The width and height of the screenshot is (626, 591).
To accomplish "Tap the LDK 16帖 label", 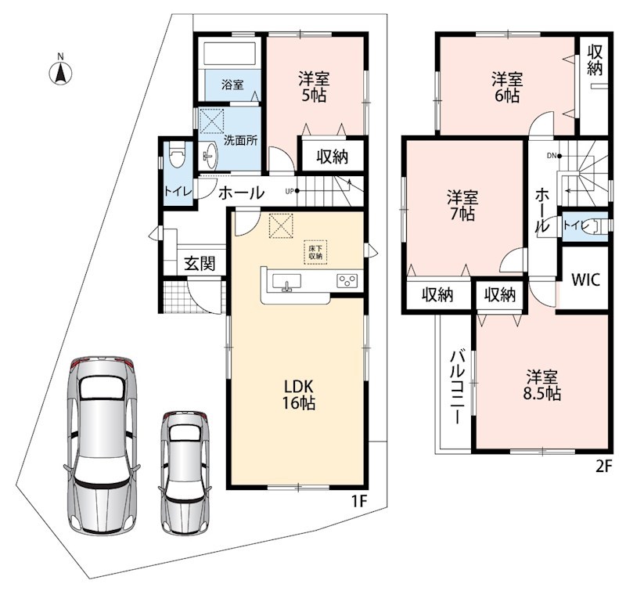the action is (x=299, y=395).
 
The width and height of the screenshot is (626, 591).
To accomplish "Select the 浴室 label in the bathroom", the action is (x=232, y=85).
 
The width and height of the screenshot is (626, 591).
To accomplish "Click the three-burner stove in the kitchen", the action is (x=347, y=280).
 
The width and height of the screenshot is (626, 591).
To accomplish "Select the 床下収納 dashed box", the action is (x=315, y=252).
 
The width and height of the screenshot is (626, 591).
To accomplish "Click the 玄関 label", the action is (x=200, y=264).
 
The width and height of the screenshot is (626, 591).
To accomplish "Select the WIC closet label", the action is (x=585, y=279).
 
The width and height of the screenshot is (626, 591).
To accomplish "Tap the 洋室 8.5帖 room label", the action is (x=541, y=385).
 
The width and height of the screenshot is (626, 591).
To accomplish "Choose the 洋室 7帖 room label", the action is (x=462, y=205).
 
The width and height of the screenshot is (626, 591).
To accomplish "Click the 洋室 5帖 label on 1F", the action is (x=315, y=87).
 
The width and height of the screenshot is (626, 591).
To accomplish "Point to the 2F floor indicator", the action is (x=603, y=467).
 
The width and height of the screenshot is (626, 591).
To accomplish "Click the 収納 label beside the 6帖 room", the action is (x=595, y=59).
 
